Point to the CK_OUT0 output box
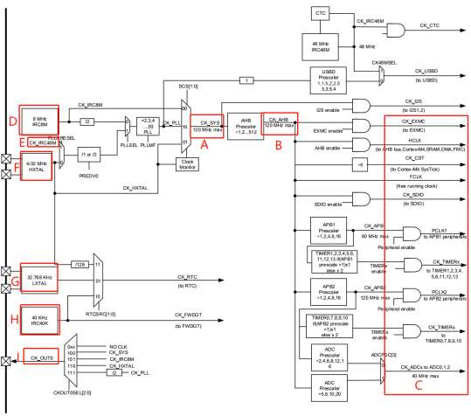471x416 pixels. (43, 357)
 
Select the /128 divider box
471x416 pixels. (79, 263)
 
